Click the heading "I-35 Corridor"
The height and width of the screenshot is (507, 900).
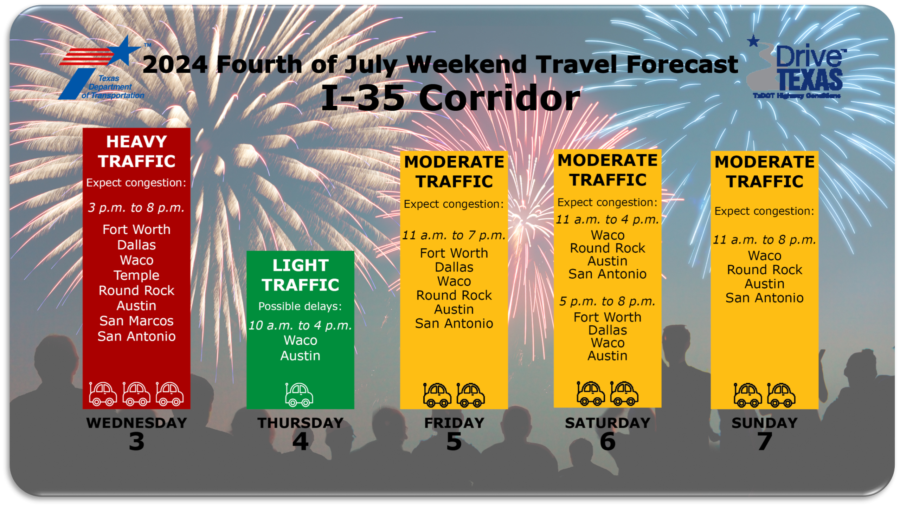click(x=450, y=98)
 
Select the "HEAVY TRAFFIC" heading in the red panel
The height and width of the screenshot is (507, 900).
click(x=136, y=151)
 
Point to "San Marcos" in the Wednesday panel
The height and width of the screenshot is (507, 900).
click(x=136, y=321)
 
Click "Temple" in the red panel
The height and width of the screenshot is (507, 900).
click(x=136, y=275)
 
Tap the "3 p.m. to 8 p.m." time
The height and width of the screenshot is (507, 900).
click(x=136, y=208)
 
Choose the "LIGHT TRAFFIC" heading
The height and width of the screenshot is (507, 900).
click(x=300, y=275)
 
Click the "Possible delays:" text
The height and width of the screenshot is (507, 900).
click(x=300, y=306)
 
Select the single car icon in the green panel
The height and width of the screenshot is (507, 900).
click(x=299, y=395)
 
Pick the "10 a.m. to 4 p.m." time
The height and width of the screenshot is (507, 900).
click(x=300, y=325)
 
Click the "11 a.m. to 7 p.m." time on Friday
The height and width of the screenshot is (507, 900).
click(x=454, y=235)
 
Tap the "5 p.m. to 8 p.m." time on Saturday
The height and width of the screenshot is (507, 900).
click(x=607, y=301)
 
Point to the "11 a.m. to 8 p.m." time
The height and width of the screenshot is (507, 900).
click(x=764, y=240)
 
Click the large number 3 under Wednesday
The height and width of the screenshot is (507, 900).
click(x=136, y=441)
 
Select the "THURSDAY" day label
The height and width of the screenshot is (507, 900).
click(x=300, y=423)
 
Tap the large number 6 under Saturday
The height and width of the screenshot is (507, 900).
click(x=607, y=441)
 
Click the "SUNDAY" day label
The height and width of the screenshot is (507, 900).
click(x=764, y=423)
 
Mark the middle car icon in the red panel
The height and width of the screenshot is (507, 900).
click(x=136, y=394)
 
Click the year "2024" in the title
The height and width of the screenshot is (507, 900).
click(x=175, y=65)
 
